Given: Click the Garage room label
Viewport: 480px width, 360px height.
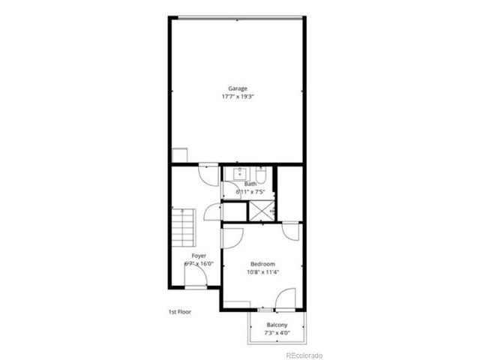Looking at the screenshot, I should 238,88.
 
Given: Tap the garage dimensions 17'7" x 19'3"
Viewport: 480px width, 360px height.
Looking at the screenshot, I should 238,97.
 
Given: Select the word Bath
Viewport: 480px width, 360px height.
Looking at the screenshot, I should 250,184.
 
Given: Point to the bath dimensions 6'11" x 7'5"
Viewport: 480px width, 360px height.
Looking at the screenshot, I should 250,191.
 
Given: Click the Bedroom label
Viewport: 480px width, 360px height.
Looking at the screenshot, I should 262,264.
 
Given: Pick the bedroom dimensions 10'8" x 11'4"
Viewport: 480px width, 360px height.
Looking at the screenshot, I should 262,272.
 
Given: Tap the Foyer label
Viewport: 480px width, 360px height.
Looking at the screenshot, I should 199,256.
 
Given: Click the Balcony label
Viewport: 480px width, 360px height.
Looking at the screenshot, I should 277,325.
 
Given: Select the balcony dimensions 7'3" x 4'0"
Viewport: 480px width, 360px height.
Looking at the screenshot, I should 277,332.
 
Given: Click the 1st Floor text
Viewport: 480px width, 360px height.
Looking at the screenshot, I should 179,310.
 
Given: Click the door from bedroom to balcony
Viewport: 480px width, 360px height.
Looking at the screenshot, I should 284,301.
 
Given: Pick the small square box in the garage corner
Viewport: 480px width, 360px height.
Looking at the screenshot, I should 179,155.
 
